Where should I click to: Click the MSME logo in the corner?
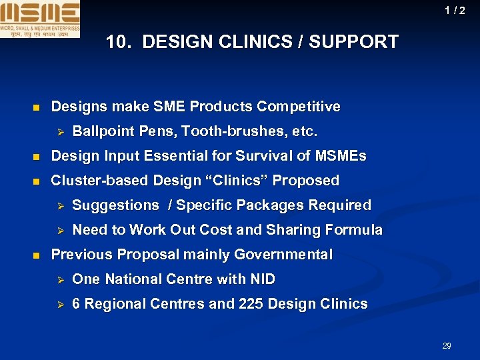[x=40, y=19]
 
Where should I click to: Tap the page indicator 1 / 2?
[x=455, y=11]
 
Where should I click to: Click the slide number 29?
[x=447, y=345]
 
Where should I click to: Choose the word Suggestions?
[x=115, y=205]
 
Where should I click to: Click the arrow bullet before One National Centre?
[x=58, y=279]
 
